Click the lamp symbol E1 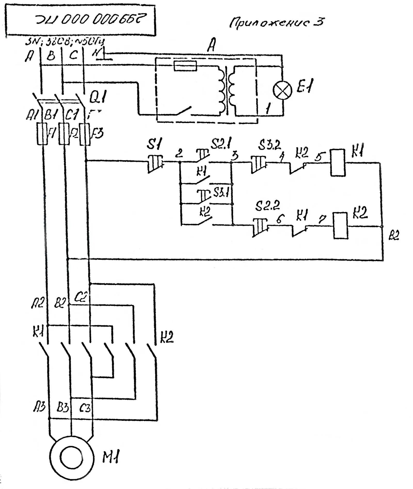[x=282, y=90]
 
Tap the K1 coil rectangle [x=338, y=163]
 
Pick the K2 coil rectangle [x=340, y=225]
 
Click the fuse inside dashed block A [x=185, y=66]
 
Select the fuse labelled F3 [x=85, y=134]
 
